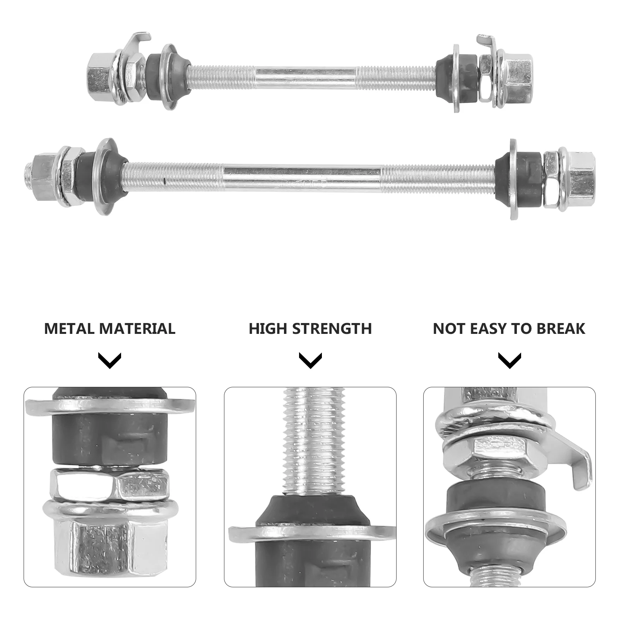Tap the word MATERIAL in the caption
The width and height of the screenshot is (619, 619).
137,328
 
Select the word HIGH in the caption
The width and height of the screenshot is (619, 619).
268,328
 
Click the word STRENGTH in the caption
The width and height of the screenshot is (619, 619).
332,328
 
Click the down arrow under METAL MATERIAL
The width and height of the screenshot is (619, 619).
110,360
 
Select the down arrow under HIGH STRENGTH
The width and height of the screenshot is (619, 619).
310,360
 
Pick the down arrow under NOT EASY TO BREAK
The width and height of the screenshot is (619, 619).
510,360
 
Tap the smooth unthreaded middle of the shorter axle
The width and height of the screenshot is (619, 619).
306,73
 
